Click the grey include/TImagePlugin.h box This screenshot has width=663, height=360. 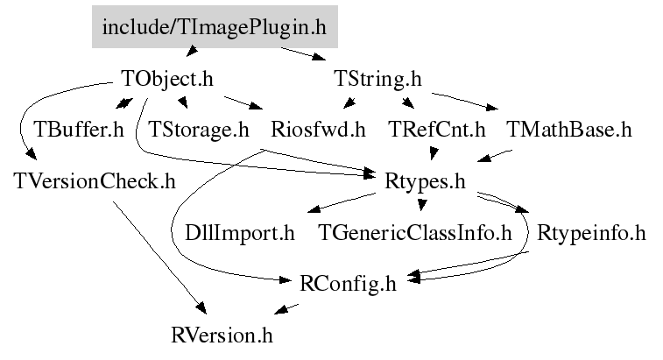tap(215, 26)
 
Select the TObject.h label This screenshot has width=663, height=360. tap(167, 79)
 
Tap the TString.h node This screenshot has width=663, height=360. tap(377, 79)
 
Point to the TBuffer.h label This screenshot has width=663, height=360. tap(79, 130)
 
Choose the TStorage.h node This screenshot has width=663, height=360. tap(199, 130)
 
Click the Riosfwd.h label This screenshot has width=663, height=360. tap(318, 130)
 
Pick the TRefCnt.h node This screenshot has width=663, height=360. tap(437, 130)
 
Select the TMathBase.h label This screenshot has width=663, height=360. tap(569, 130)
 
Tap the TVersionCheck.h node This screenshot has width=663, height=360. tap(95, 181)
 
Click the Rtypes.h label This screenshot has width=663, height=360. tap(425, 182)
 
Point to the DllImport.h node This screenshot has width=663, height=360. tap(240, 233)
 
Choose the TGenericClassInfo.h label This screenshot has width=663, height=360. tap(415, 233)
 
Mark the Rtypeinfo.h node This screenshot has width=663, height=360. tap(591, 233)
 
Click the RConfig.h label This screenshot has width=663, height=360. tap(348, 284)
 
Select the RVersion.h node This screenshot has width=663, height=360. tap(222, 335)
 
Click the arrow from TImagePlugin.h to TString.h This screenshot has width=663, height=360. tap(303, 53)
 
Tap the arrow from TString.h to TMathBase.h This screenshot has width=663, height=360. tap(465, 102)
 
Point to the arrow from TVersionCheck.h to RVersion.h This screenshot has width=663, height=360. tap(159, 258)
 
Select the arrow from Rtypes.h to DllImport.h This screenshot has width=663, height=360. tap(342, 202)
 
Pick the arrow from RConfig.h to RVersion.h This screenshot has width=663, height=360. tap(286, 309)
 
